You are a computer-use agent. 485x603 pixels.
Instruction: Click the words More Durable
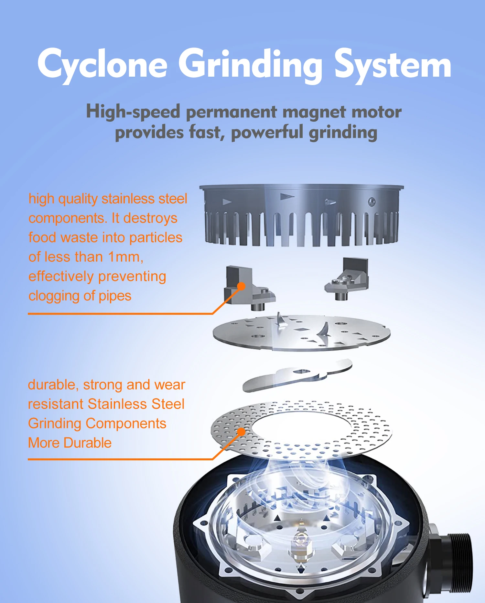[x=70, y=443]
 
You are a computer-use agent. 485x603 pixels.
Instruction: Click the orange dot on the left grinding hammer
[x=241, y=286]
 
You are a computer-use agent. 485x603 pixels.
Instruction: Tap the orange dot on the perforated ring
[x=241, y=432]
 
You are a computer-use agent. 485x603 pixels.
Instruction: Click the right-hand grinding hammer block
[x=348, y=278]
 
